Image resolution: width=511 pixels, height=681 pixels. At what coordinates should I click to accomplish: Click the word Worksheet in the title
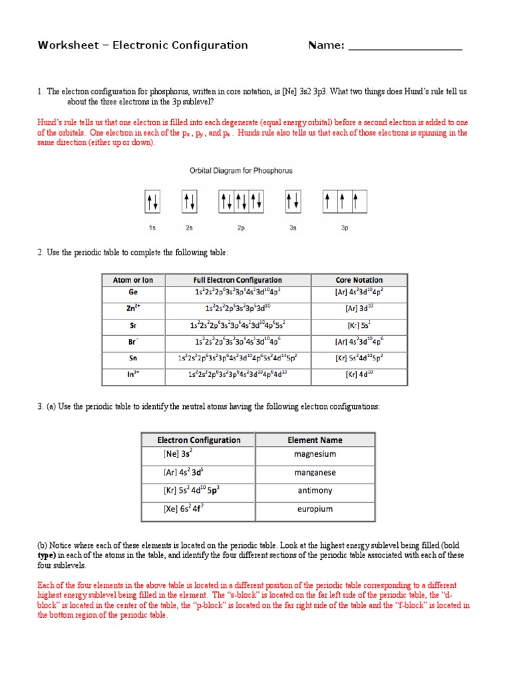tap(66, 45)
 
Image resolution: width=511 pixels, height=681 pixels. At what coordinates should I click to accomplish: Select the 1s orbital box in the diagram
tap(152, 200)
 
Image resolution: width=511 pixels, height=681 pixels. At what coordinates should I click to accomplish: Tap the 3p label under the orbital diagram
tap(345, 227)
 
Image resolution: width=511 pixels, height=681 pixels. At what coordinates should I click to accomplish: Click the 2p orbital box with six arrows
tap(240, 200)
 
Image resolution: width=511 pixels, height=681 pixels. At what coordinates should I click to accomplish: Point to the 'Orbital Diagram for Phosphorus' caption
tap(241, 171)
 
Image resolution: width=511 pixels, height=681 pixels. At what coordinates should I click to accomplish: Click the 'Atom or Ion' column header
tap(132, 280)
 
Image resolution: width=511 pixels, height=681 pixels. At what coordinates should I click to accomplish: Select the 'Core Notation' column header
tap(359, 280)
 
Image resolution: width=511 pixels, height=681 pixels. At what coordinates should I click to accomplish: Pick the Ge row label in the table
tap(132, 292)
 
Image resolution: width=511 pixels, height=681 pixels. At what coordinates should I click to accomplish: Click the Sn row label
tap(132, 358)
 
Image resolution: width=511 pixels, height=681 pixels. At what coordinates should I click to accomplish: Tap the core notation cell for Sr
tap(359, 325)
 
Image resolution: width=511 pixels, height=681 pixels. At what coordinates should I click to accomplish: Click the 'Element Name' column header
tap(315, 440)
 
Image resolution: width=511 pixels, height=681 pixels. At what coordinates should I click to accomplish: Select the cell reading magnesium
tap(315, 455)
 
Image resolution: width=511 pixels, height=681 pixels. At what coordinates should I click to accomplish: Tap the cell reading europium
tap(315, 510)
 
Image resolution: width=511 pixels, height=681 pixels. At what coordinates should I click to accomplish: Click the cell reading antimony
tap(315, 491)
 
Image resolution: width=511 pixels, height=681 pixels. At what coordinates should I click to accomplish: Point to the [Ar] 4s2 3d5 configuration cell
tap(198, 473)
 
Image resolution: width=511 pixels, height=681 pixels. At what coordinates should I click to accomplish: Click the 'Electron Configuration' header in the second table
tap(198, 440)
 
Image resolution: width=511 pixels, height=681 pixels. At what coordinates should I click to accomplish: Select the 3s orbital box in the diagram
tap(292, 200)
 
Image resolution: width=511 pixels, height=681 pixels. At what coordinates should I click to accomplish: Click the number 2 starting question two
tap(40, 253)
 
